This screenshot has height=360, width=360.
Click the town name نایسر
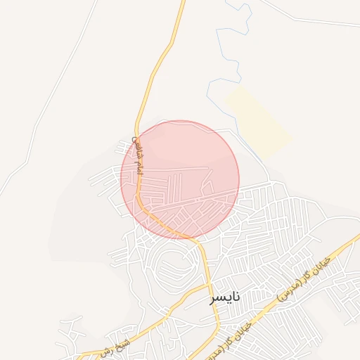tap(225, 297)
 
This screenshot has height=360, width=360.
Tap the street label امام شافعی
tap(138, 155)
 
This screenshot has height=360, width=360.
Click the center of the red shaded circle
tap(180, 179)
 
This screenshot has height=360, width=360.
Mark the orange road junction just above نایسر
tap(209, 285)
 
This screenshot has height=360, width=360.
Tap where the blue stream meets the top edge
tap(227, 1)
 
